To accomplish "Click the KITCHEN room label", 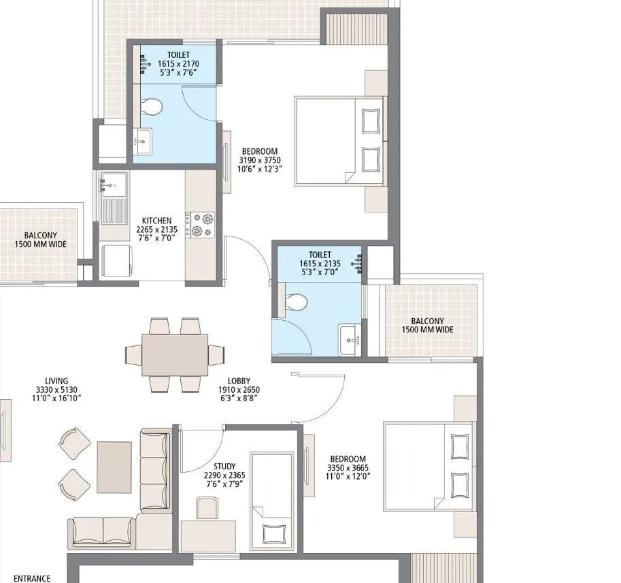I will tap(156, 221).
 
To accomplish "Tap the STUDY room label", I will tap(224, 466).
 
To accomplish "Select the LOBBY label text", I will tap(239, 381).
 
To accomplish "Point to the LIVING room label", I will tap(56, 381).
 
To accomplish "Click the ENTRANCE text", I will tap(32, 578).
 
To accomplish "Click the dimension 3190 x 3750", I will tap(259, 160).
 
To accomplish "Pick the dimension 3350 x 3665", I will tap(348, 469).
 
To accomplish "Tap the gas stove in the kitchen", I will tap(201, 225).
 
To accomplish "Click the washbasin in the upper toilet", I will tap(142, 141).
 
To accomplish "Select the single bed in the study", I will tap(271, 501).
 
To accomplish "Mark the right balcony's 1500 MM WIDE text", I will tap(427, 330).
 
